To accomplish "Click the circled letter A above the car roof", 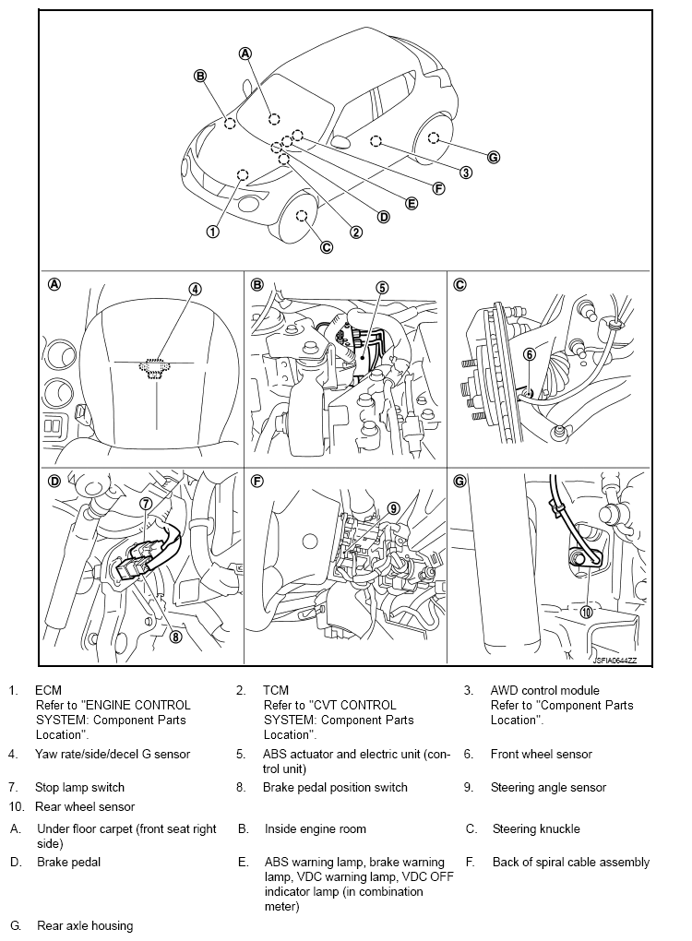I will [x=245, y=53].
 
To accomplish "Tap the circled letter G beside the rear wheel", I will [x=494, y=157].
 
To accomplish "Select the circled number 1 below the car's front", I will [x=213, y=232].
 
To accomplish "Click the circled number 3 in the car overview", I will [x=466, y=173].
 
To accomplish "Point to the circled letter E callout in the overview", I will [x=412, y=203].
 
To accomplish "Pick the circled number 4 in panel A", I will [x=196, y=288].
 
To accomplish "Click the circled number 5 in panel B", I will [x=382, y=287].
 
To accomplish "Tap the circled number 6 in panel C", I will [x=530, y=353].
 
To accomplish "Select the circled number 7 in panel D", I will [x=146, y=504].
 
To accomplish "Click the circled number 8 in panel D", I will [x=175, y=635].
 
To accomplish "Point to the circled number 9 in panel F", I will [x=393, y=507].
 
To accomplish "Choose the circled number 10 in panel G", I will [x=586, y=611].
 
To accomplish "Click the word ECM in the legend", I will [x=48, y=690].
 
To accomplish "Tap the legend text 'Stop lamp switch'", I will [x=79, y=787].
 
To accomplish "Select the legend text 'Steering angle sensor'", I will [x=548, y=787].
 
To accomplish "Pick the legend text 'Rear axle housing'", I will [x=85, y=925].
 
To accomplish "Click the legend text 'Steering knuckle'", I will [x=536, y=828].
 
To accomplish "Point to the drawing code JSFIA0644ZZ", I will [x=614, y=660].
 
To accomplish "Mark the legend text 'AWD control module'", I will [x=544, y=690].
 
